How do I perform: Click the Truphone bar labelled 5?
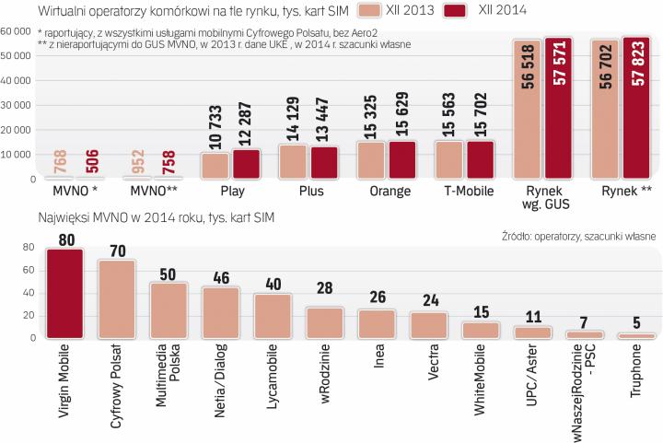click(636, 336)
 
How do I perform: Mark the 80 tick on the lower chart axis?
click(29, 248)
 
